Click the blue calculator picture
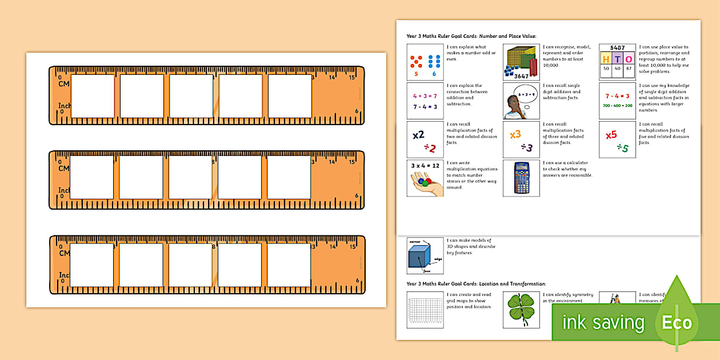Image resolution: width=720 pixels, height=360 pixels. (521, 178)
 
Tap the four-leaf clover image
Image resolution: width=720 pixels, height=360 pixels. (521, 310)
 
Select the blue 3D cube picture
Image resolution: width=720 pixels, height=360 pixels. (425, 255)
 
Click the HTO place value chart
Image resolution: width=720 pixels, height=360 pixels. (617, 62)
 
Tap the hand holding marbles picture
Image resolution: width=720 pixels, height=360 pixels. (425, 178)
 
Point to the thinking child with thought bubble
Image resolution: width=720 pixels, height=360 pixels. (521, 101)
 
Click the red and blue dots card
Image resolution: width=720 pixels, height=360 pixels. (425, 62)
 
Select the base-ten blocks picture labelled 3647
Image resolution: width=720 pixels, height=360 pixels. (521, 62)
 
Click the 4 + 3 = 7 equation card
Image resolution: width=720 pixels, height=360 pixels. (425, 101)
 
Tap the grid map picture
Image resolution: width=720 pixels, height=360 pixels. (425, 310)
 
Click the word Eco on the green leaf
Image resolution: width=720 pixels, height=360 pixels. (677, 323)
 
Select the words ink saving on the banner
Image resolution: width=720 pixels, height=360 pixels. (603, 323)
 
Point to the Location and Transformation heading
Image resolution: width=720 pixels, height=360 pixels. (476, 283)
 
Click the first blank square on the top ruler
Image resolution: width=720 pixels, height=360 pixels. (92, 96)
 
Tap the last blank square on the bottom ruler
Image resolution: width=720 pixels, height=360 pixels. (289, 265)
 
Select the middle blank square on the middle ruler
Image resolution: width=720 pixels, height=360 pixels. (190, 178)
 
